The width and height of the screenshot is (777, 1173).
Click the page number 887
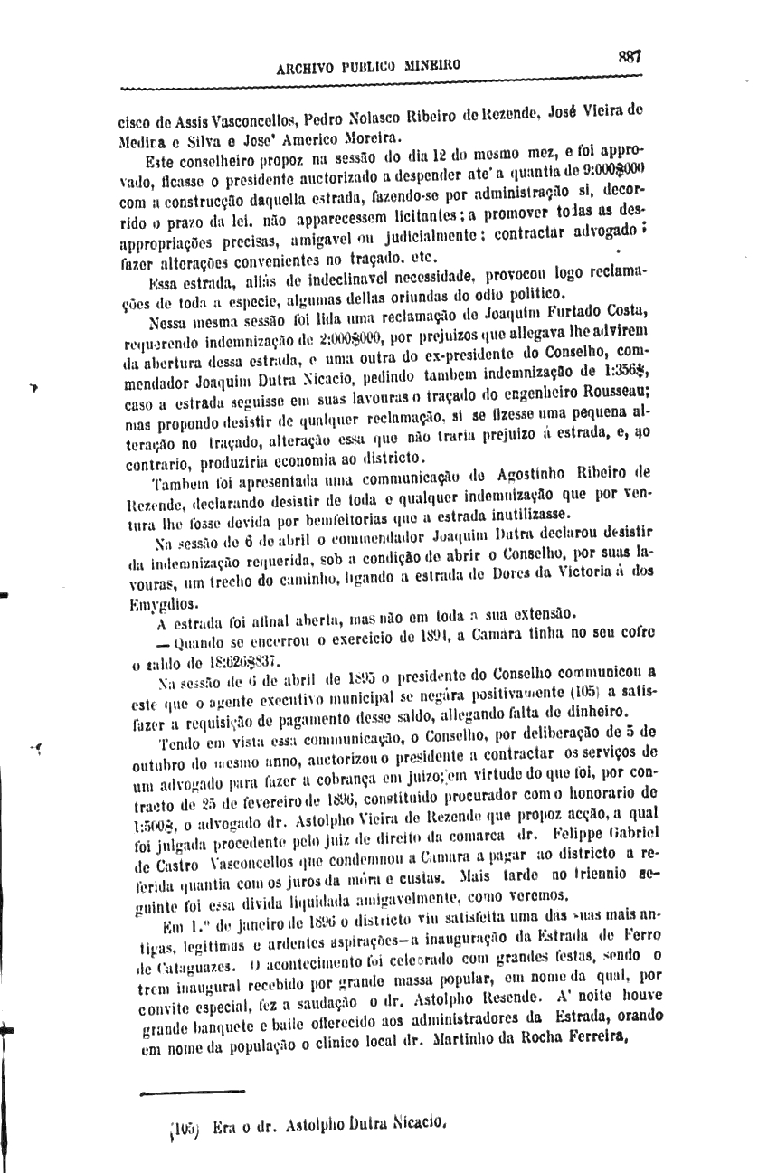click(630, 55)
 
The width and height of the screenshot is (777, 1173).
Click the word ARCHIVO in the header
click(308, 66)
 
